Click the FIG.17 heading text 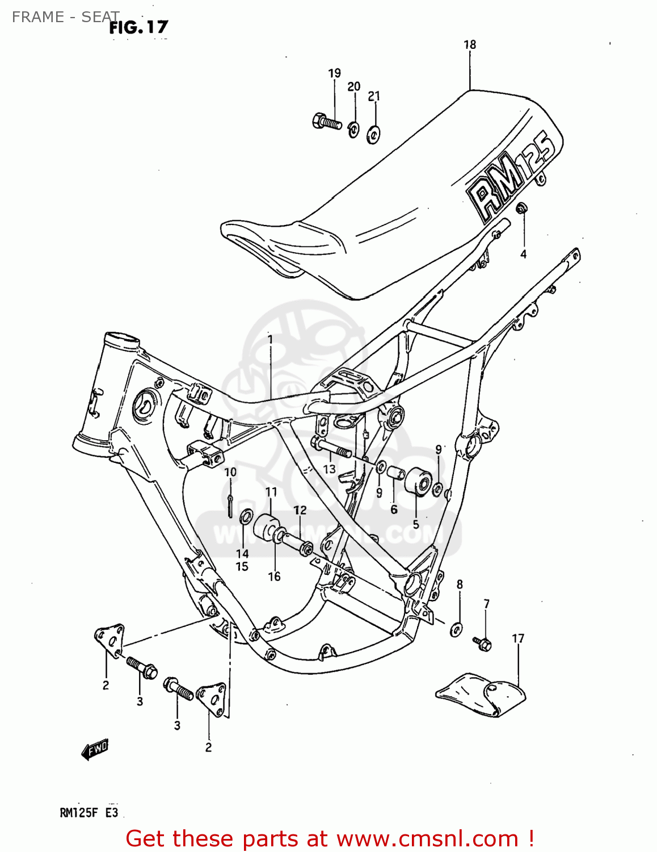click(138, 27)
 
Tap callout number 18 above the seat click(470, 45)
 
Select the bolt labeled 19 click(326, 122)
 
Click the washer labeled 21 click(373, 134)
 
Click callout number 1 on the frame click(270, 340)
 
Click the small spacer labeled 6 click(395, 473)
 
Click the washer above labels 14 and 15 click(246, 517)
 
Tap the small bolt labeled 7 click(482, 643)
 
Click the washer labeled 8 click(456, 629)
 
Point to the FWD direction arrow click(95, 750)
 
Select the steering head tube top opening click(121, 341)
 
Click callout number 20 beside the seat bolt click(353, 87)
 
